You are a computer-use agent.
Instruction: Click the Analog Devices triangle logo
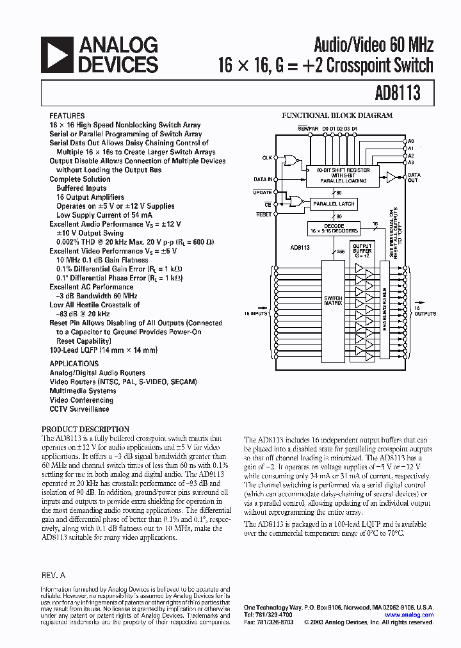(56, 54)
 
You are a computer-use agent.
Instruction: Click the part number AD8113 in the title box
(398, 93)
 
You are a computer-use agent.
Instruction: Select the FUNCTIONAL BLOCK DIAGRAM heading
(337, 116)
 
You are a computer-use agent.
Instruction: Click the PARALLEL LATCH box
(333, 204)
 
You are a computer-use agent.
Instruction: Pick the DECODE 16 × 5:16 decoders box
(333, 229)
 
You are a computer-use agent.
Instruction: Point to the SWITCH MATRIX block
(333, 300)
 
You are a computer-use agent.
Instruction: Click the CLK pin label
(267, 158)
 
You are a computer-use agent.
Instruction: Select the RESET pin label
(263, 215)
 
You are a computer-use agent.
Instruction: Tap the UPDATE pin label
(263, 192)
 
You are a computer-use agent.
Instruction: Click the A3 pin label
(411, 163)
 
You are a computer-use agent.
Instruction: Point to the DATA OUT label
(414, 177)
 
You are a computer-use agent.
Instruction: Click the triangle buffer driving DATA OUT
(391, 177)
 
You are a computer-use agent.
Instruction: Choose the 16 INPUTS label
(256, 314)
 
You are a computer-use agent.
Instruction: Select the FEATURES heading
(67, 116)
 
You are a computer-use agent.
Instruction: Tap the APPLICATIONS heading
(74, 363)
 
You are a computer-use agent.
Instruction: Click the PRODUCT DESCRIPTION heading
(85, 429)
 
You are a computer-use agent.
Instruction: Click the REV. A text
(53, 576)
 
